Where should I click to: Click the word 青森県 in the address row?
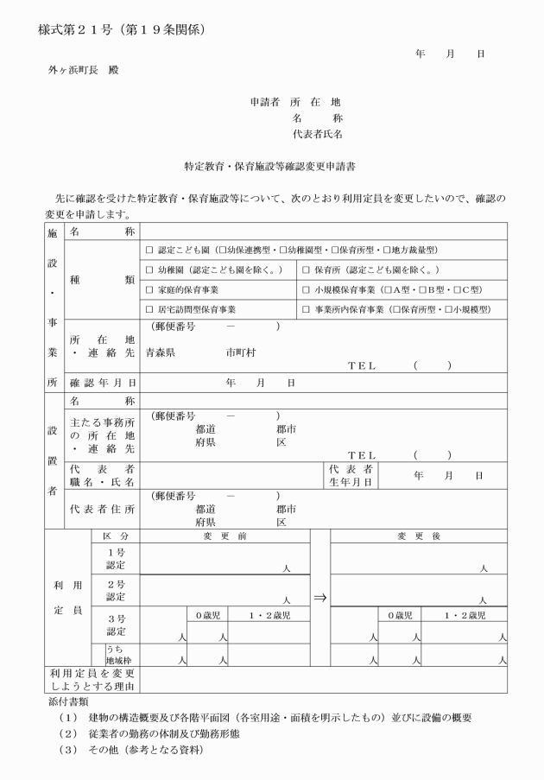coord(161,352)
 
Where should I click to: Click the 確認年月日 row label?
coord(102,382)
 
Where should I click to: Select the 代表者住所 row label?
coord(102,510)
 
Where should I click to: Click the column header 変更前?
coord(225,536)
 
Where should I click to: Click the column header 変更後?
coord(420,536)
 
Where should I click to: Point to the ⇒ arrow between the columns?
coord(319,596)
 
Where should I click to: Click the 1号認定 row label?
coord(116,558)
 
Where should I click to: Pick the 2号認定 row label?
coord(116,591)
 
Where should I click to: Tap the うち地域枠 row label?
coord(116,655)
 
